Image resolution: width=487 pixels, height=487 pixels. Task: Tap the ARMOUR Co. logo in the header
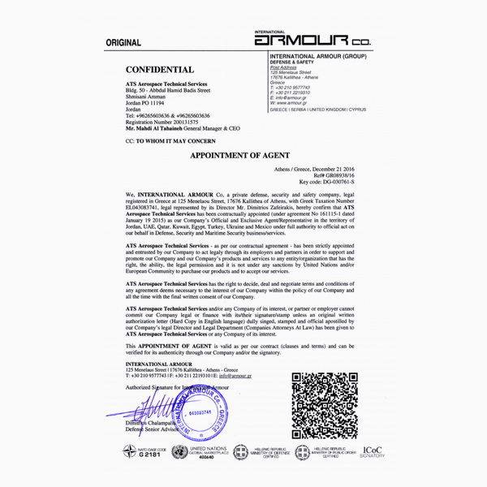[x=312, y=39]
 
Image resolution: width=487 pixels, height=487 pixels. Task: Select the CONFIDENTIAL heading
[x=160, y=70]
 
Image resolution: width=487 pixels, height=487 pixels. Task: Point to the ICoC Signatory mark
[x=375, y=452]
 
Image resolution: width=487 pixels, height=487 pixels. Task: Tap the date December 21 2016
[x=345, y=168]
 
